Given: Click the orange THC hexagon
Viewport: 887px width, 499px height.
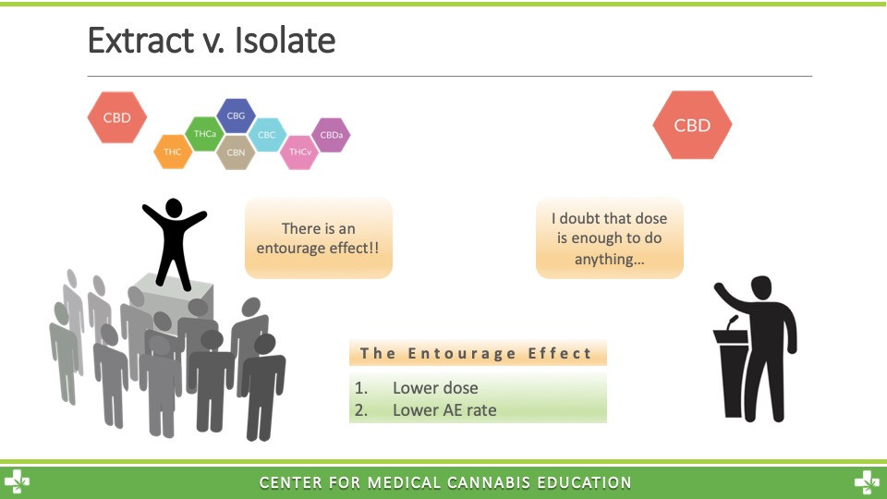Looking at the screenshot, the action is click(x=173, y=152).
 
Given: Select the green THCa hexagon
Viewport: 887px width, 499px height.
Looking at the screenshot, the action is click(x=205, y=134).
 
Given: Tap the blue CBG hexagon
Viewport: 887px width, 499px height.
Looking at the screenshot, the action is click(x=236, y=116).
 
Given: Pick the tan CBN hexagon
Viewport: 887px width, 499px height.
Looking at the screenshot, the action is click(x=236, y=152).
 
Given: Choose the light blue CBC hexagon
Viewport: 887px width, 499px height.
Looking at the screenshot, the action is click(x=267, y=135).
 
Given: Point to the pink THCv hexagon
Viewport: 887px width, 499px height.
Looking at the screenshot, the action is click(x=299, y=152).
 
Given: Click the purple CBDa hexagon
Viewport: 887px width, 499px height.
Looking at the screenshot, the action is click(x=332, y=135).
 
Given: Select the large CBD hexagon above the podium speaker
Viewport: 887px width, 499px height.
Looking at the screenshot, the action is click(x=692, y=125).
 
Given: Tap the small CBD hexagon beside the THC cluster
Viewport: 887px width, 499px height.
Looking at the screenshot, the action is click(x=117, y=117).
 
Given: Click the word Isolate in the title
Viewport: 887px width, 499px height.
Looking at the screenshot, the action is click(x=285, y=40).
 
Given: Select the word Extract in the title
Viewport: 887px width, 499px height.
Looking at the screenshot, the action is click(x=140, y=40).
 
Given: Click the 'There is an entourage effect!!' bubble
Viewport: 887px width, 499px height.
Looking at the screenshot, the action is click(x=319, y=238).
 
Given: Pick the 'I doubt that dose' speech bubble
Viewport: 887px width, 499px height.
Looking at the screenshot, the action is click(x=609, y=238).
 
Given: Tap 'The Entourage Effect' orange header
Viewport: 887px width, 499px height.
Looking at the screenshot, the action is click(x=478, y=353).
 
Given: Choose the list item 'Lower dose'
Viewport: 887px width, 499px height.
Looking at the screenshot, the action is click(x=435, y=387).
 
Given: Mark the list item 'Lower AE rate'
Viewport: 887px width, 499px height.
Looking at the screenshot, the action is click(x=444, y=410).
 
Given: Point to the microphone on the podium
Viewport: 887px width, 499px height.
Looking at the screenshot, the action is click(x=733, y=323).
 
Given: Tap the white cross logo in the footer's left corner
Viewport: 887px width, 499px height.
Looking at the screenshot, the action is click(x=17, y=482).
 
